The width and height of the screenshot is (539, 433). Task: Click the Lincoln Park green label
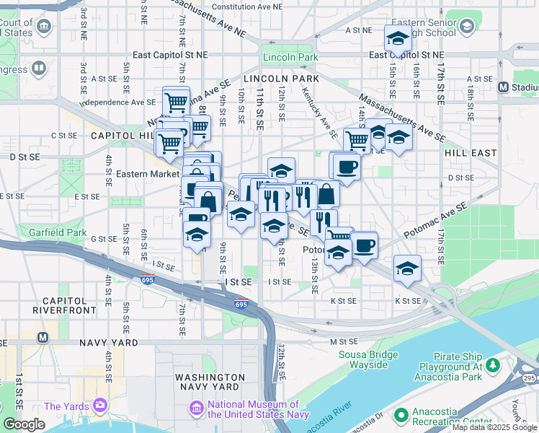(290, 57)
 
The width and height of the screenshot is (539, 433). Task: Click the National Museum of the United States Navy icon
(196, 409)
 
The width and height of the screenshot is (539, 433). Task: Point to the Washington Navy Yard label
(210, 382)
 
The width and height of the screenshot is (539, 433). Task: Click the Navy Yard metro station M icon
(43, 337)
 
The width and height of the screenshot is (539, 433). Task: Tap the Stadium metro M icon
(504, 87)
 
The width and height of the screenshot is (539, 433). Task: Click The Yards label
(62, 406)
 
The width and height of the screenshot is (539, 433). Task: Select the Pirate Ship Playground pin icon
(492, 366)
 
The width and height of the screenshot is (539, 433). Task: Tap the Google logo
(24, 424)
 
